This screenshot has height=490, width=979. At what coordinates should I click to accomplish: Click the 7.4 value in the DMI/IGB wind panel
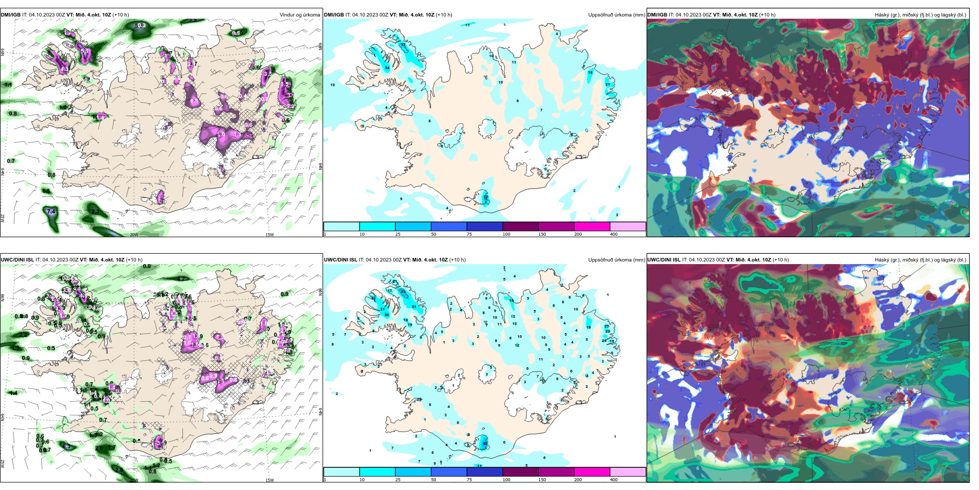pyautogui.click(x=51, y=212)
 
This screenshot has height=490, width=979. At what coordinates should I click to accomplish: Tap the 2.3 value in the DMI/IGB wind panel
pyautogui.click(x=95, y=211)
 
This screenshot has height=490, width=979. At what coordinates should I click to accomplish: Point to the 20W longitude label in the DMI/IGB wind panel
pyautogui.click(x=134, y=235)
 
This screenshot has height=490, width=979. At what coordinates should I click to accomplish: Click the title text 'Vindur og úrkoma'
pyautogui.click(x=299, y=15)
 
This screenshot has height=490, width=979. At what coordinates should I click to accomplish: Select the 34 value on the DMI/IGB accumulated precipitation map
pyautogui.click(x=387, y=68)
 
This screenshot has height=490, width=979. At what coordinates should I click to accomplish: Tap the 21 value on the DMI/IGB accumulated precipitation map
pyautogui.click(x=607, y=85)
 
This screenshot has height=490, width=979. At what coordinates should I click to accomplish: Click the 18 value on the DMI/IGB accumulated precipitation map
pyautogui.click(x=590, y=73)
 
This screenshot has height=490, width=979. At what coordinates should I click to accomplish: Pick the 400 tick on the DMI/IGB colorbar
pyautogui.click(x=614, y=234)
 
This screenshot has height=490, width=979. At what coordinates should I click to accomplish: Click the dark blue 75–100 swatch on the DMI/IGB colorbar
pyautogui.click(x=484, y=226)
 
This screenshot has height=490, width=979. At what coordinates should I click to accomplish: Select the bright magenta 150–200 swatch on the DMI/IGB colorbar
pyautogui.click(x=592, y=226)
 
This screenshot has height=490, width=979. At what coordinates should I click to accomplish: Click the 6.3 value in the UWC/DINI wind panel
pyautogui.click(x=66, y=446)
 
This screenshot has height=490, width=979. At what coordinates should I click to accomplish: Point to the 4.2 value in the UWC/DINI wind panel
pyautogui.click(x=181, y=279)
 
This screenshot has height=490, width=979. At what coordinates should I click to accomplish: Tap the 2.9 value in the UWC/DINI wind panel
pyautogui.click(x=119, y=470)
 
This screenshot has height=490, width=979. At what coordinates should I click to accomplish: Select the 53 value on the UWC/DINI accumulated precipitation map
pyautogui.click(x=403, y=292)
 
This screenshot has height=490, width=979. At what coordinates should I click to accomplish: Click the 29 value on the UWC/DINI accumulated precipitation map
pyautogui.click(x=607, y=332)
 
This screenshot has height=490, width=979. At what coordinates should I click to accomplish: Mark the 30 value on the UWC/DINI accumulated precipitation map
pyautogui.click(x=386, y=315)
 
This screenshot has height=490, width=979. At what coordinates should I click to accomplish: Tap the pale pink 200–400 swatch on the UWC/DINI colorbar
pyautogui.click(x=628, y=472)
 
